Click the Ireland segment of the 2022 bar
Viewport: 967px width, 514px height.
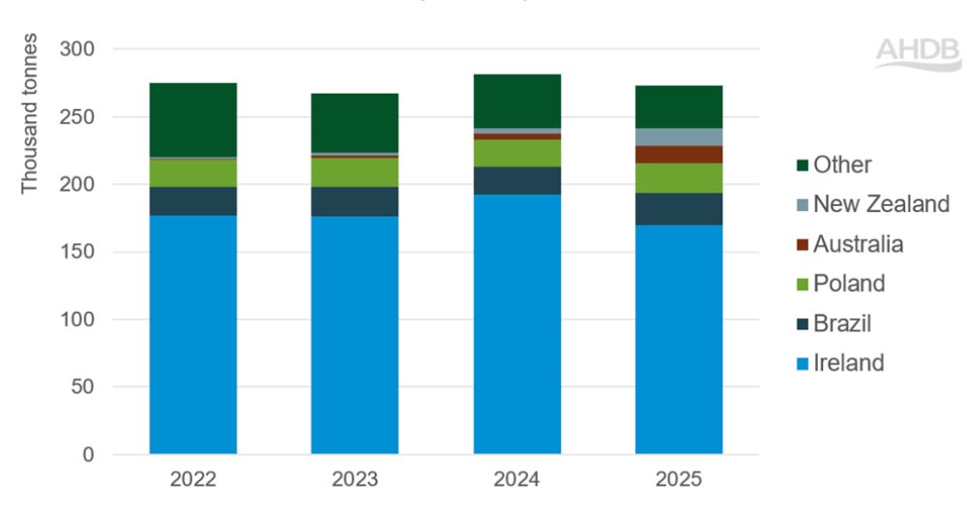[x=192, y=334]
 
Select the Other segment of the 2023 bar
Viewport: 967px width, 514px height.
[x=354, y=123]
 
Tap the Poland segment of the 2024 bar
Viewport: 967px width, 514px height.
[x=516, y=153]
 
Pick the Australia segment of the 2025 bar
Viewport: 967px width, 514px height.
[x=678, y=154]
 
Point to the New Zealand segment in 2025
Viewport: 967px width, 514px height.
[x=678, y=136]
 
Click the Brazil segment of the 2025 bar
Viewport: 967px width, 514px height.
[x=678, y=208]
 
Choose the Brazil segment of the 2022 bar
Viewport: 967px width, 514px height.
[x=192, y=200]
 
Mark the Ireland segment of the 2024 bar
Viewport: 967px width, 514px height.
[x=516, y=324]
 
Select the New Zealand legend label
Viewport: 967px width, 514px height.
[x=881, y=204]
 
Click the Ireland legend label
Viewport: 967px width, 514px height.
[x=848, y=363]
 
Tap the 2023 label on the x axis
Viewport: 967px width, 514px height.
[x=354, y=479]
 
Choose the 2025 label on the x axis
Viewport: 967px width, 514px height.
[x=678, y=479]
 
